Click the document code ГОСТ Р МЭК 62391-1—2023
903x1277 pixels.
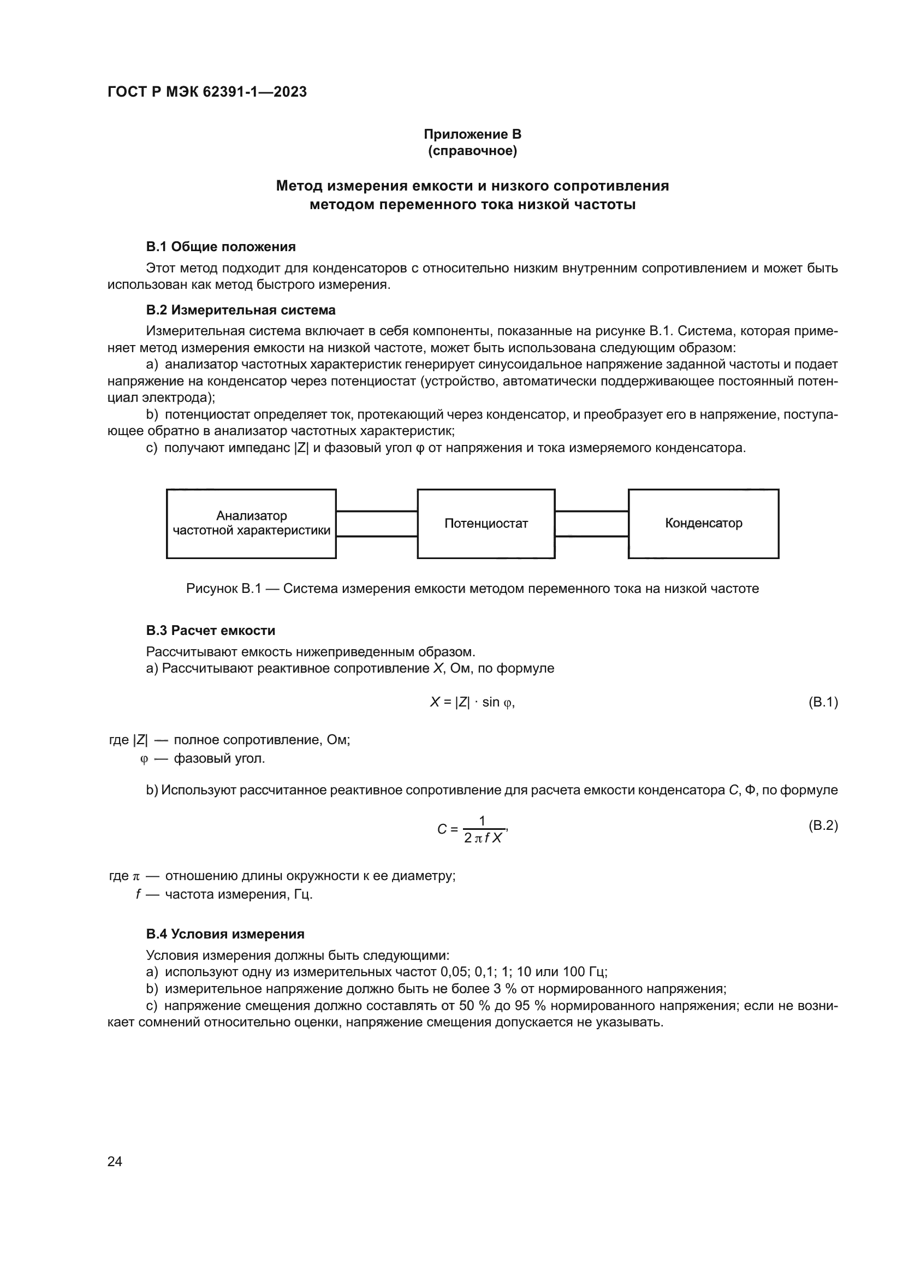[x=207, y=92]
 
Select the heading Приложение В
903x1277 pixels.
[x=472, y=134]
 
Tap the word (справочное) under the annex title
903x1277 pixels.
[x=472, y=151]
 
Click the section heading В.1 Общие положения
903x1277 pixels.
[x=221, y=246]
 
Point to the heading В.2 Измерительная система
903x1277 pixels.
[x=241, y=310]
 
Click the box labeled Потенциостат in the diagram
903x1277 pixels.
[x=486, y=524]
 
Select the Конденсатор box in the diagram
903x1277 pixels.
[x=703, y=524]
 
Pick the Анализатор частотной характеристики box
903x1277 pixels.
[x=251, y=524]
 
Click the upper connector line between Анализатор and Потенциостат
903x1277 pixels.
[x=377, y=511]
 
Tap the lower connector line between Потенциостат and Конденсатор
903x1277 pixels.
[x=592, y=536]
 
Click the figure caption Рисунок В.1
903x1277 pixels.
[x=472, y=589]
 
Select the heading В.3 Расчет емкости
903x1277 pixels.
[x=211, y=630]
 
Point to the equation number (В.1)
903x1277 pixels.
[x=822, y=702]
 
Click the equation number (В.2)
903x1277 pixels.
[x=822, y=825]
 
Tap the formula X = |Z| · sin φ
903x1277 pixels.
[x=472, y=702]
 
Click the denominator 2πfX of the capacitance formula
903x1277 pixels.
[x=483, y=838]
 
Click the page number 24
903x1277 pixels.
[x=115, y=1161]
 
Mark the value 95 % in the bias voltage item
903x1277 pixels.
[x=528, y=1006]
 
